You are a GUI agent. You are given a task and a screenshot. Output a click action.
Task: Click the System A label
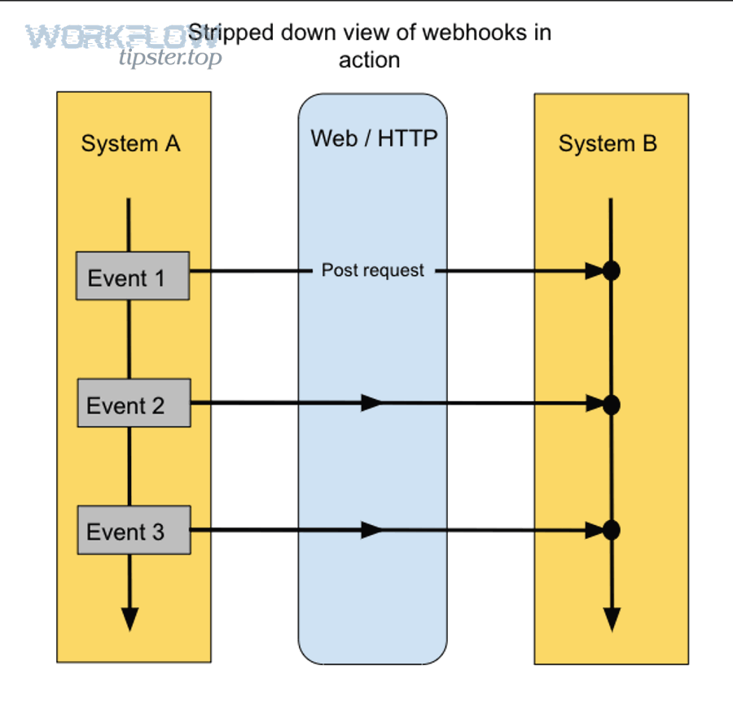pos(130,144)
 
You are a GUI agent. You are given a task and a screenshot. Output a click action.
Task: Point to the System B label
pos(608,144)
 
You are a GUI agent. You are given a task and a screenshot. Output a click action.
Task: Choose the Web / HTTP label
pos(374,138)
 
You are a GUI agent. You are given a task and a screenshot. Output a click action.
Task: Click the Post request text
pos(373,270)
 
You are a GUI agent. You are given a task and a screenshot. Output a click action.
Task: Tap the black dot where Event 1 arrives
pos(612,271)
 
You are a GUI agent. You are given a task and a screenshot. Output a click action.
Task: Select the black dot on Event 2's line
pos(612,404)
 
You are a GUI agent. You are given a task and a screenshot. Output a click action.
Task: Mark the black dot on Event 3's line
pos(612,531)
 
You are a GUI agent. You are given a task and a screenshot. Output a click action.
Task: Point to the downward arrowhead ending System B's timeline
pos(612,619)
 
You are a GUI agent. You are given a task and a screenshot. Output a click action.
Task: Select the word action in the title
pos(369,60)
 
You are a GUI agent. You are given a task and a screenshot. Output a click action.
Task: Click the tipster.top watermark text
pos(169,56)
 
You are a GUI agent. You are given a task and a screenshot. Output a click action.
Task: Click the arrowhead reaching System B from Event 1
pos(594,271)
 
